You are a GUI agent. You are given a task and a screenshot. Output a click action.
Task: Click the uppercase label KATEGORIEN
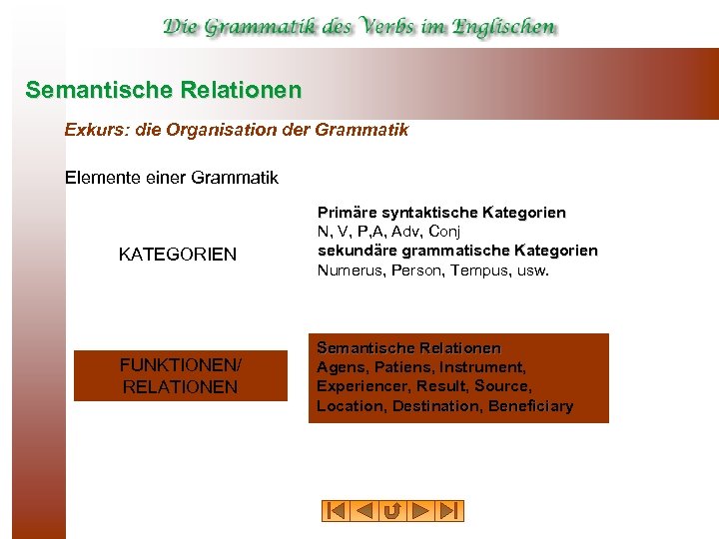(178, 255)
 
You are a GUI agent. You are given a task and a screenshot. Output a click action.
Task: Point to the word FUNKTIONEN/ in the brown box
(181, 366)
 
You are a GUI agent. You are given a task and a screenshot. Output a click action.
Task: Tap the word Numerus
(345, 269)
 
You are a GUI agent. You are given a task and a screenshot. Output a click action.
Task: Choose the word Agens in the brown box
(339, 367)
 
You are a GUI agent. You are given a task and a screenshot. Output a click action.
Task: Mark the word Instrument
(487, 367)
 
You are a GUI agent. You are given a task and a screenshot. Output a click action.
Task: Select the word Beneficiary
(529, 405)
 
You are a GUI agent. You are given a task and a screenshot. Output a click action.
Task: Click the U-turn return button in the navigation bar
(392, 511)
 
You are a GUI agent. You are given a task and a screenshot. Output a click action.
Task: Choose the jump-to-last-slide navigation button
(450, 511)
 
